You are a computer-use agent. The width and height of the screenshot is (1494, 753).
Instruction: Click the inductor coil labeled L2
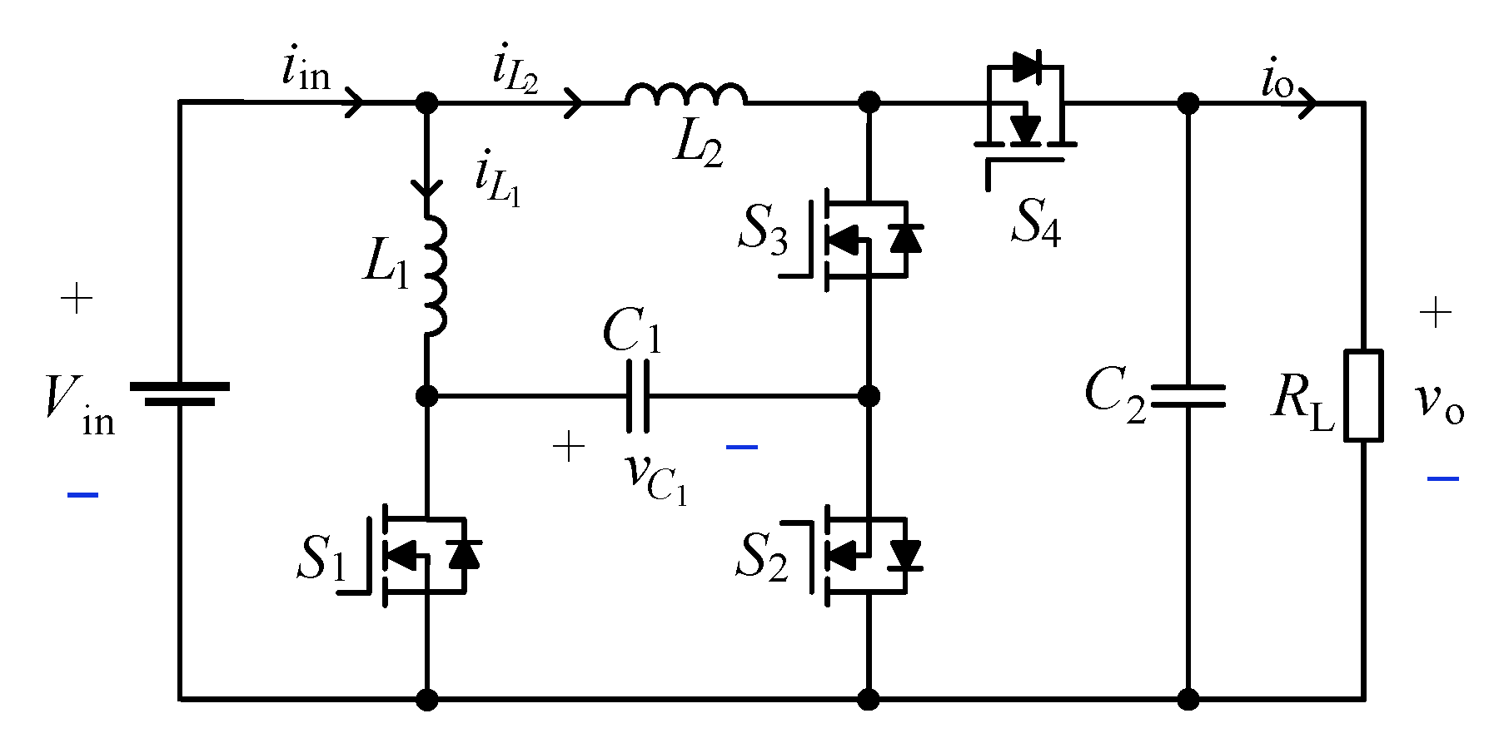point(686,94)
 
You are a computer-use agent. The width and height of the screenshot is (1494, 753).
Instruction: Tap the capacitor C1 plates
point(638,396)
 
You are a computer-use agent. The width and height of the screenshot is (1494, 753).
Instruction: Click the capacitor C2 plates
point(1188,396)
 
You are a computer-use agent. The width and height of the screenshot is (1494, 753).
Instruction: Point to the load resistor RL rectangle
point(1364,395)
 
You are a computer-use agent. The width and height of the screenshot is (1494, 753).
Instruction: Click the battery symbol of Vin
point(180,394)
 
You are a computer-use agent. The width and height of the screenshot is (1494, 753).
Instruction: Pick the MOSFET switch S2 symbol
point(863,555)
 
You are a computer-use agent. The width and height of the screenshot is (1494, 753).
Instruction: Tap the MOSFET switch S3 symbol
point(863,240)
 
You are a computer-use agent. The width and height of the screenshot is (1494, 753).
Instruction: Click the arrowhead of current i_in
point(355,102)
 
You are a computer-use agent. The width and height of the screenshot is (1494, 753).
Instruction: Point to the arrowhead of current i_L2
point(574,102)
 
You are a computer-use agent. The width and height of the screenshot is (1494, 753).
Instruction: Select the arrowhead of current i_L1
point(426,186)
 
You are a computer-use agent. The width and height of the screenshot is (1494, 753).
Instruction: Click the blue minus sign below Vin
point(82,495)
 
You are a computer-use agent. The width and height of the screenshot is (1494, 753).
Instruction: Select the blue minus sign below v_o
point(1442,478)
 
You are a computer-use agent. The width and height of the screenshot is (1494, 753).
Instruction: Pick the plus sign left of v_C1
point(569,448)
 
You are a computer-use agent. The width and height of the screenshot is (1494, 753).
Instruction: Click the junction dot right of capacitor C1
point(869,395)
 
